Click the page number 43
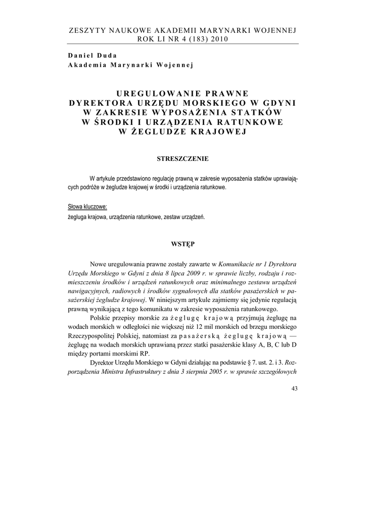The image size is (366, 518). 295,388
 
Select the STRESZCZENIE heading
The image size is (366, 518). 182,159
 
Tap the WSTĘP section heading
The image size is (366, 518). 182,243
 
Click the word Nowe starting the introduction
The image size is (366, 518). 99,264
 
